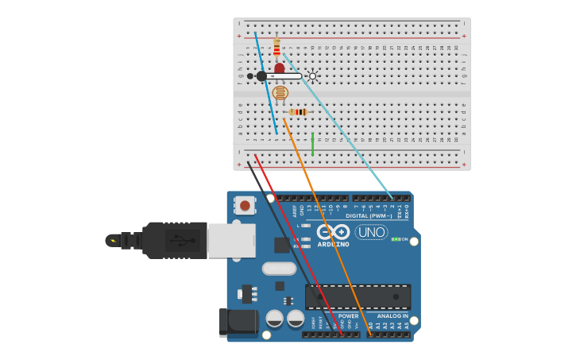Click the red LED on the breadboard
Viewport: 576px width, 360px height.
(279, 68)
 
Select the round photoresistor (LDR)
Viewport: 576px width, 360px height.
(280, 93)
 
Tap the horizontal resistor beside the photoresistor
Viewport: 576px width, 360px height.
(299, 112)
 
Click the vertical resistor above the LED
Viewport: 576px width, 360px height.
(276, 47)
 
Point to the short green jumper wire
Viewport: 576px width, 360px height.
(313, 144)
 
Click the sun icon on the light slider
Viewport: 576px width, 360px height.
(312, 76)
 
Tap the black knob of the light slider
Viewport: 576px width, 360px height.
(261, 76)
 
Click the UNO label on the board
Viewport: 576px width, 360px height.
(371, 232)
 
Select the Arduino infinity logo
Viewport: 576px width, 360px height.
(333, 231)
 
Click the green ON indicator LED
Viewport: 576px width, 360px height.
(395, 238)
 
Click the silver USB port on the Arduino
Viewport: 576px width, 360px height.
(231, 240)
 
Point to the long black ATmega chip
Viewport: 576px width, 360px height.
(358, 297)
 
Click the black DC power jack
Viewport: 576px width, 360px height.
(238, 322)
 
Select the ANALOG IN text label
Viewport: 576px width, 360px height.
(392, 315)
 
